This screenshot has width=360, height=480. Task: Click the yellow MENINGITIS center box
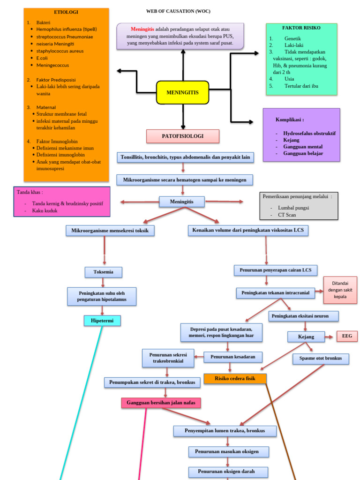[x=182, y=93]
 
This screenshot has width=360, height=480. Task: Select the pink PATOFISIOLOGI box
[x=182, y=136]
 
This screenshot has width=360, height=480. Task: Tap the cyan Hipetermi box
[x=102, y=321]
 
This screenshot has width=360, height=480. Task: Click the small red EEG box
[x=347, y=336]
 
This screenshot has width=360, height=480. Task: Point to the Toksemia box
[x=104, y=272]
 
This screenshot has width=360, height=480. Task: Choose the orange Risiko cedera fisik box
[x=235, y=378]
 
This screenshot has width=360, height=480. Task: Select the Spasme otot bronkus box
[x=321, y=359]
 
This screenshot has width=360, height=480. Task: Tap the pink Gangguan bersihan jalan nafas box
[x=161, y=403]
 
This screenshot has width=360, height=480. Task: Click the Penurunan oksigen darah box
[x=228, y=472]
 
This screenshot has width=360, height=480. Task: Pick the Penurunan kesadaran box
[x=232, y=357]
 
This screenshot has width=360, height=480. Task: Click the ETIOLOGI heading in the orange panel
[x=66, y=12]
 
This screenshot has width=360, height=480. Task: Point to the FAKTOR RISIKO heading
[x=301, y=28]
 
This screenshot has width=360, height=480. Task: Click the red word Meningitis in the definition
[x=142, y=29]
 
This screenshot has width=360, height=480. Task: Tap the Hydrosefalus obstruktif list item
[x=309, y=133]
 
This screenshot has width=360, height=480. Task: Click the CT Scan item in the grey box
[x=287, y=215]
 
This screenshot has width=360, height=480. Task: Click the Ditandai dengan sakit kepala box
[x=340, y=290]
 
